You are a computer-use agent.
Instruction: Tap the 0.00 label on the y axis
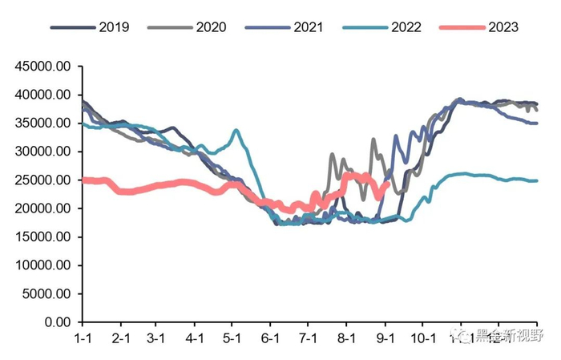click(59, 322)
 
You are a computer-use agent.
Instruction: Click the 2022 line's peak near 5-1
click(236, 130)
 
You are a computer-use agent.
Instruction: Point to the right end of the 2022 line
click(537, 180)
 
